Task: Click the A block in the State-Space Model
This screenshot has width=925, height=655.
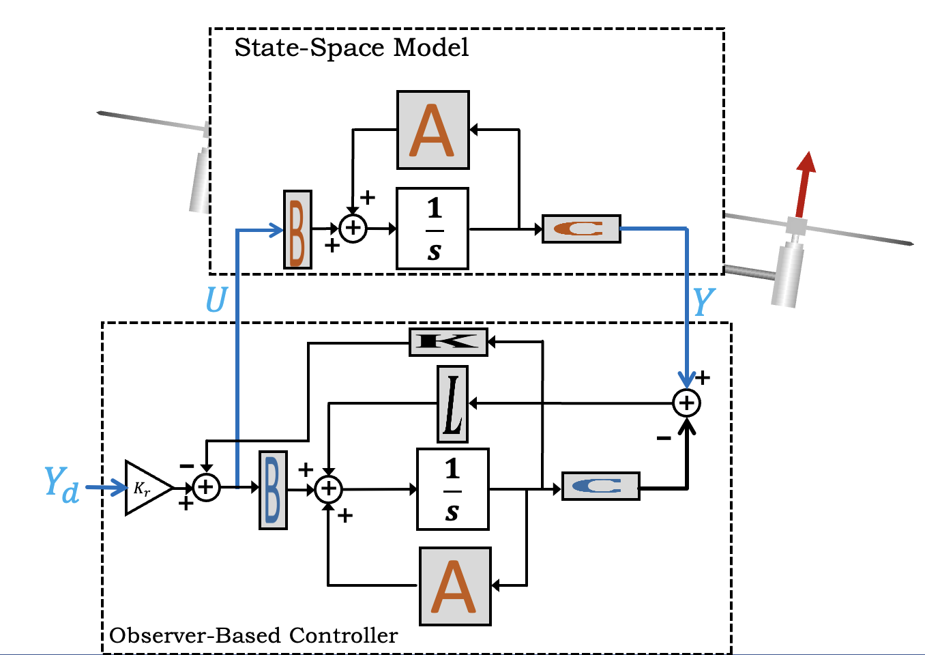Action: (x=433, y=130)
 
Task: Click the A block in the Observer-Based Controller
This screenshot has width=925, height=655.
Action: (x=455, y=586)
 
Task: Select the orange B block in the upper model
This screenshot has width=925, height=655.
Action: (x=297, y=229)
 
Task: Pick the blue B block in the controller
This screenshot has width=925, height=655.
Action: (x=273, y=490)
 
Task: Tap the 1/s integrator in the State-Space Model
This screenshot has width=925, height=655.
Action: (x=432, y=229)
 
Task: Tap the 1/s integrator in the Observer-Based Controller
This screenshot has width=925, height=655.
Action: (x=453, y=489)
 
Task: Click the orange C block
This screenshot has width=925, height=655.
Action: (x=581, y=229)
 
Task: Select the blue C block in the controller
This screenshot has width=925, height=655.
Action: (x=600, y=486)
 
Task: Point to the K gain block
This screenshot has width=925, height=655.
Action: (x=448, y=342)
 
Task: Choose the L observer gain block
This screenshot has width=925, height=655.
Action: (x=452, y=404)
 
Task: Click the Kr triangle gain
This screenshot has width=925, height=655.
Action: (x=145, y=488)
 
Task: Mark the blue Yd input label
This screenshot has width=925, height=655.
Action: (x=61, y=484)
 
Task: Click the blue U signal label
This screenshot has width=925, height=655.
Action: (x=216, y=300)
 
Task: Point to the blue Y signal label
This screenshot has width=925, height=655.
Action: (x=703, y=302)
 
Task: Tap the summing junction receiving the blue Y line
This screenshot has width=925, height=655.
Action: (x=686, y=403)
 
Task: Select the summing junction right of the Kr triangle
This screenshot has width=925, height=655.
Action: (x=206, y=488)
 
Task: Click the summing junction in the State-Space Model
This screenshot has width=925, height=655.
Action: (x=353, y=228)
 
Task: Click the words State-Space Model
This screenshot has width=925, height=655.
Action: (x=351, y=48)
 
